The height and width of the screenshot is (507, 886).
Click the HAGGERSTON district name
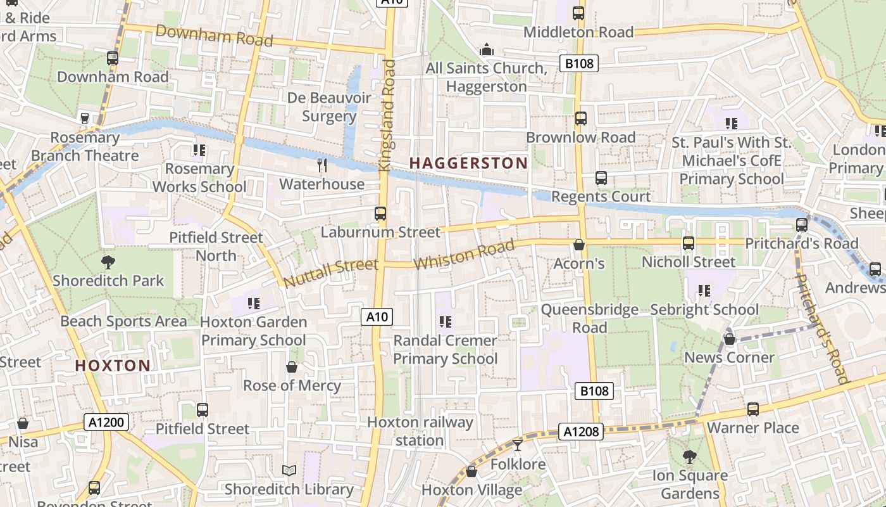tap(468, 163)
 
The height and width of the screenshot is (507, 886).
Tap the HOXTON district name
tap(113, 366)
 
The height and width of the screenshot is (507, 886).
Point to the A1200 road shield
tap(106, 422)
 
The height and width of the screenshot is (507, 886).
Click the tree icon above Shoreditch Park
tap(108, 262)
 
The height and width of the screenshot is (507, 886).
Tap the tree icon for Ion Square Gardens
tap(689, 456)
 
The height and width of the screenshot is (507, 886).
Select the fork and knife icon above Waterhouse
tap(322, 166)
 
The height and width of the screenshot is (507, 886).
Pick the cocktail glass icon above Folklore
tap(518, 446)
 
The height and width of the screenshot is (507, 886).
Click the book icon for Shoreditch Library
tap(289, 470)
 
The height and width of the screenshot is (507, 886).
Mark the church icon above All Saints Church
tap(486, 49)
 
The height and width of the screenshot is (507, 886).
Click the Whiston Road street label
tap(463, 254)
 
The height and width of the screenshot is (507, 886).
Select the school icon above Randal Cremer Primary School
tap(445, 322)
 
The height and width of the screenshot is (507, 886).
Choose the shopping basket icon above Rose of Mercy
tap(292, 367)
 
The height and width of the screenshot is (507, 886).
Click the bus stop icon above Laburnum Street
tap(380, 214)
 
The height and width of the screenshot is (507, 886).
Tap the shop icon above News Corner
tap(729, 339)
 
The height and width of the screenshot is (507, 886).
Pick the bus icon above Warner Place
tap(752, 409)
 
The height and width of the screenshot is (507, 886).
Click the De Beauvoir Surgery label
tap(329, 106)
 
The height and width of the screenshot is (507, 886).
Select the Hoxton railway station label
tap(420, 431)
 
